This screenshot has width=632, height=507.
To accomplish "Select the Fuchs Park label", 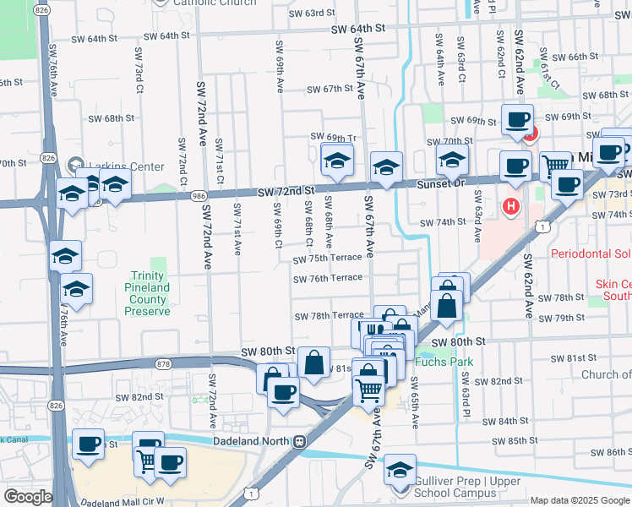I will [x=444, y=362].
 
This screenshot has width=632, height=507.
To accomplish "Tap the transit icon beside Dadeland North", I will [x=299, y=441].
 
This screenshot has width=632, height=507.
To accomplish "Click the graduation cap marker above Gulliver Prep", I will [x=400, y=469].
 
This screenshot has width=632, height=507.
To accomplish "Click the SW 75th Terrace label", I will [x=328, y=258].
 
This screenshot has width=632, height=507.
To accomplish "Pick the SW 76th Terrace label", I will [x=328, y=278].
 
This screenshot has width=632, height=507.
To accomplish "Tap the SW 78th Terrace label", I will [x=329, y=316].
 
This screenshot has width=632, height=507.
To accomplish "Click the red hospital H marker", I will [x=511, y=205].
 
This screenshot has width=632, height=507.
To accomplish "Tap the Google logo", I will [x=27, y=497].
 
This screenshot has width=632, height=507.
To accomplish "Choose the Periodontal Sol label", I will [x=591, y=253].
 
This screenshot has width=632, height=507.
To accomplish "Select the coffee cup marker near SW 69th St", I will [x=516, y=119].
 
